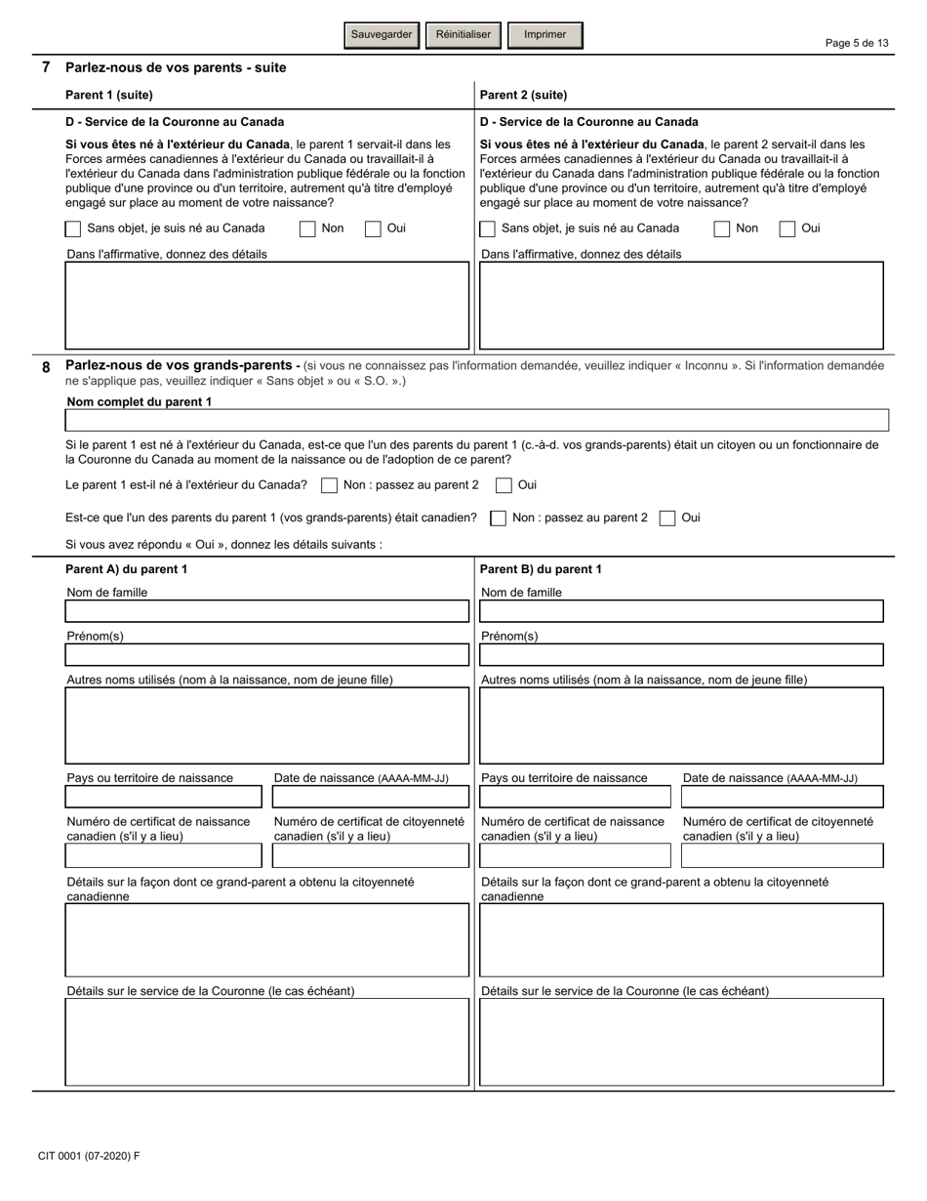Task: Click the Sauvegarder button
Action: pyautogui.click(x=382, y=35)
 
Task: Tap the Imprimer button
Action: pyautogui.click(x=544, y=35)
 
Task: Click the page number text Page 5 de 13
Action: pyautogui.click(x=857, y=43)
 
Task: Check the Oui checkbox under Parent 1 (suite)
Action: pyautogui.click(x=373, y=229)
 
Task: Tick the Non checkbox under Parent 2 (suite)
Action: pyautogui.click(x=722, y=229)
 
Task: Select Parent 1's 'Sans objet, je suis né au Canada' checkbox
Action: pyautogui.click(x=73, y=229)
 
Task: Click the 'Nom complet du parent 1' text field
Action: pyautogui.click(x=476, y=421)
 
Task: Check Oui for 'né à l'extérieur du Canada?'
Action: pyautogui.click(x=504, y=485)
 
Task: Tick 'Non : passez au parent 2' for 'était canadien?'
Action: pyautogui.click(x=499, y=518)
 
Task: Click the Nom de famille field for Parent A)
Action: pyautogui.click(x=266, y=611)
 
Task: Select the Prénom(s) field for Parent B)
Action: pyautogui.click(x=681, y=655)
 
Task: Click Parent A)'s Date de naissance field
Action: pyautogui.click(x=371, y=797)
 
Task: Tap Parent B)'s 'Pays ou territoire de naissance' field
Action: pyautogui.click(x=576, y=797)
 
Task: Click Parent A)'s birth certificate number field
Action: pyautogui.click(x=163, y=856)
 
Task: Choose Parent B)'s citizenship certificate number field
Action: pyautogui.click(x=782, y=856)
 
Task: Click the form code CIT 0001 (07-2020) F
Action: pyautogui.click(x=89, y=1156)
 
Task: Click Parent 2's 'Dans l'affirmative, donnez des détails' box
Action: pyautogui.click(x=681, y=306)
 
